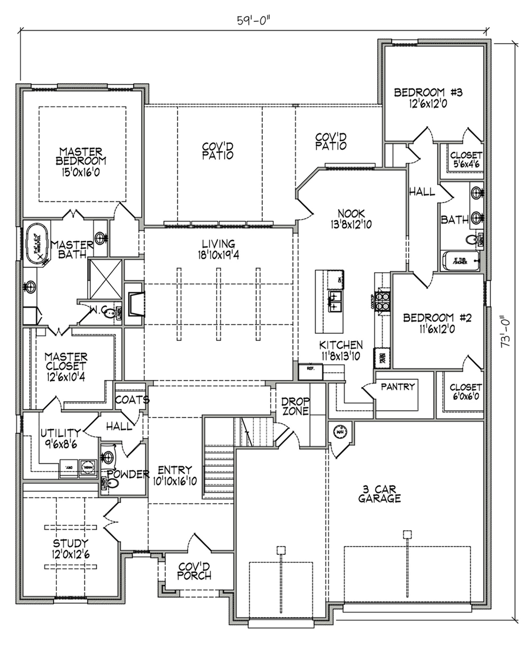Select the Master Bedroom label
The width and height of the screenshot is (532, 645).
(81, 156)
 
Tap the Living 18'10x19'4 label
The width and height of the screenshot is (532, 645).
(218, 249)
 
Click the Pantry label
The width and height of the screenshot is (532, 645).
(397, 387)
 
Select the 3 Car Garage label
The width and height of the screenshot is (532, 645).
(379, 494)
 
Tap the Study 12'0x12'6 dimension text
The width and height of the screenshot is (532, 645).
(71, 554)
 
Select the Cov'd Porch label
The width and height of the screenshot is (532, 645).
(194, 571)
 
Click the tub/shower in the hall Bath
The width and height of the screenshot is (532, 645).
(460, 261)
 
